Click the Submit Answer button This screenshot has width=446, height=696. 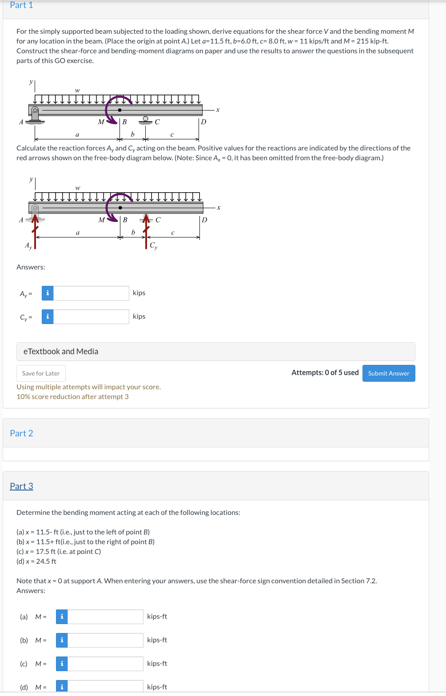389,373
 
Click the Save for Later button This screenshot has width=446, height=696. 41,373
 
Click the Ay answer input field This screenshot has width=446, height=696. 91,293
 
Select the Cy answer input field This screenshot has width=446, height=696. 91,316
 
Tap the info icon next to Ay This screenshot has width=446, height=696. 48,293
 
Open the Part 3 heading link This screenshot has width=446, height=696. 21,486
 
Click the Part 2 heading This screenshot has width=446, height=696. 21,433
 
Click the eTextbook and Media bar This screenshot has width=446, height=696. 215,352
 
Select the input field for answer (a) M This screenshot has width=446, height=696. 105,617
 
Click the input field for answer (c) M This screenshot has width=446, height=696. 105,664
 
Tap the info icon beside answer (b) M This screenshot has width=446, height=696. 62,640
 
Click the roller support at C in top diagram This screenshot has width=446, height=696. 145,120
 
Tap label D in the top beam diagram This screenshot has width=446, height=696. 203,122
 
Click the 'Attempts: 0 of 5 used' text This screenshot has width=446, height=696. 325,373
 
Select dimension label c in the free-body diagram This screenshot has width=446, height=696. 173,233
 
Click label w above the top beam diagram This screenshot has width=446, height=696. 77,90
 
